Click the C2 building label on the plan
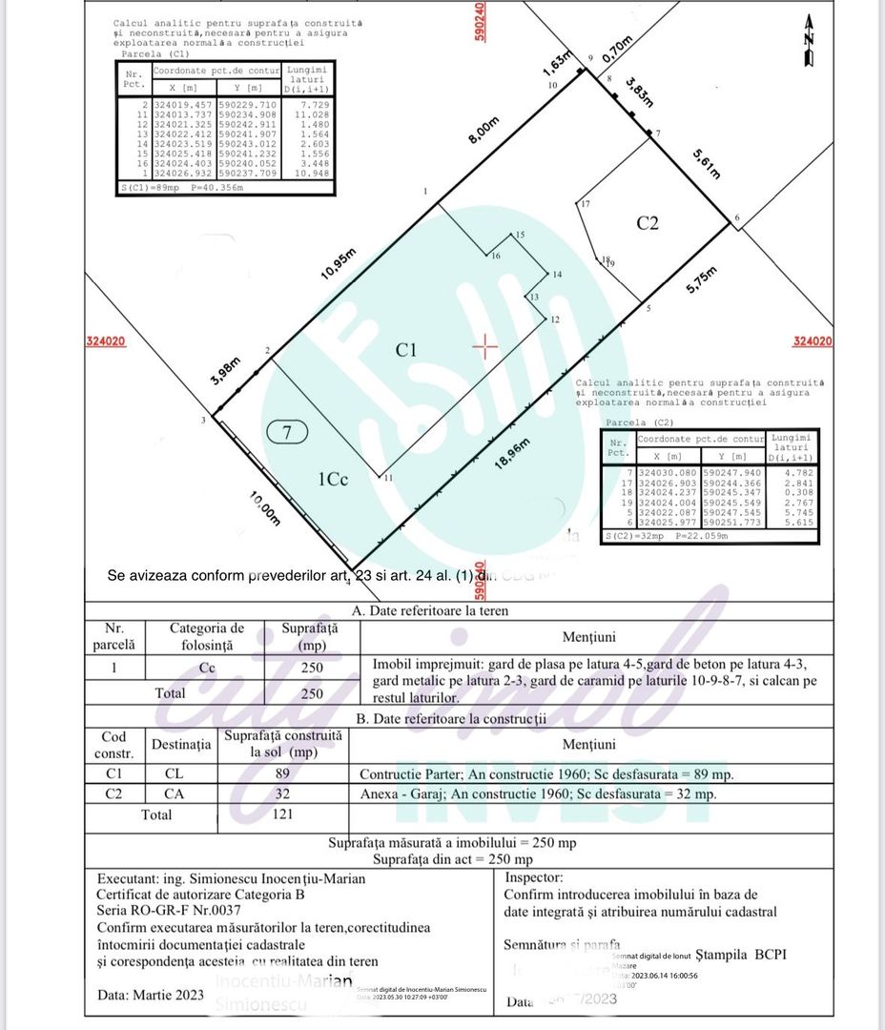[648, 223]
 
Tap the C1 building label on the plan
[407, 350]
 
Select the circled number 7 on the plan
[287, 432]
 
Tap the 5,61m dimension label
[707, 162]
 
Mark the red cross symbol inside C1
[485, 346]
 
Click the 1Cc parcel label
[333, 480]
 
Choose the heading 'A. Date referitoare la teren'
[430, 610]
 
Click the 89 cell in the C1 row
[282, 773]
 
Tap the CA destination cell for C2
[174, 793]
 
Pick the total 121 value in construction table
[282, 814]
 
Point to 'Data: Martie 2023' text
[151, 995]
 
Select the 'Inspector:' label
[534, 877]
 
